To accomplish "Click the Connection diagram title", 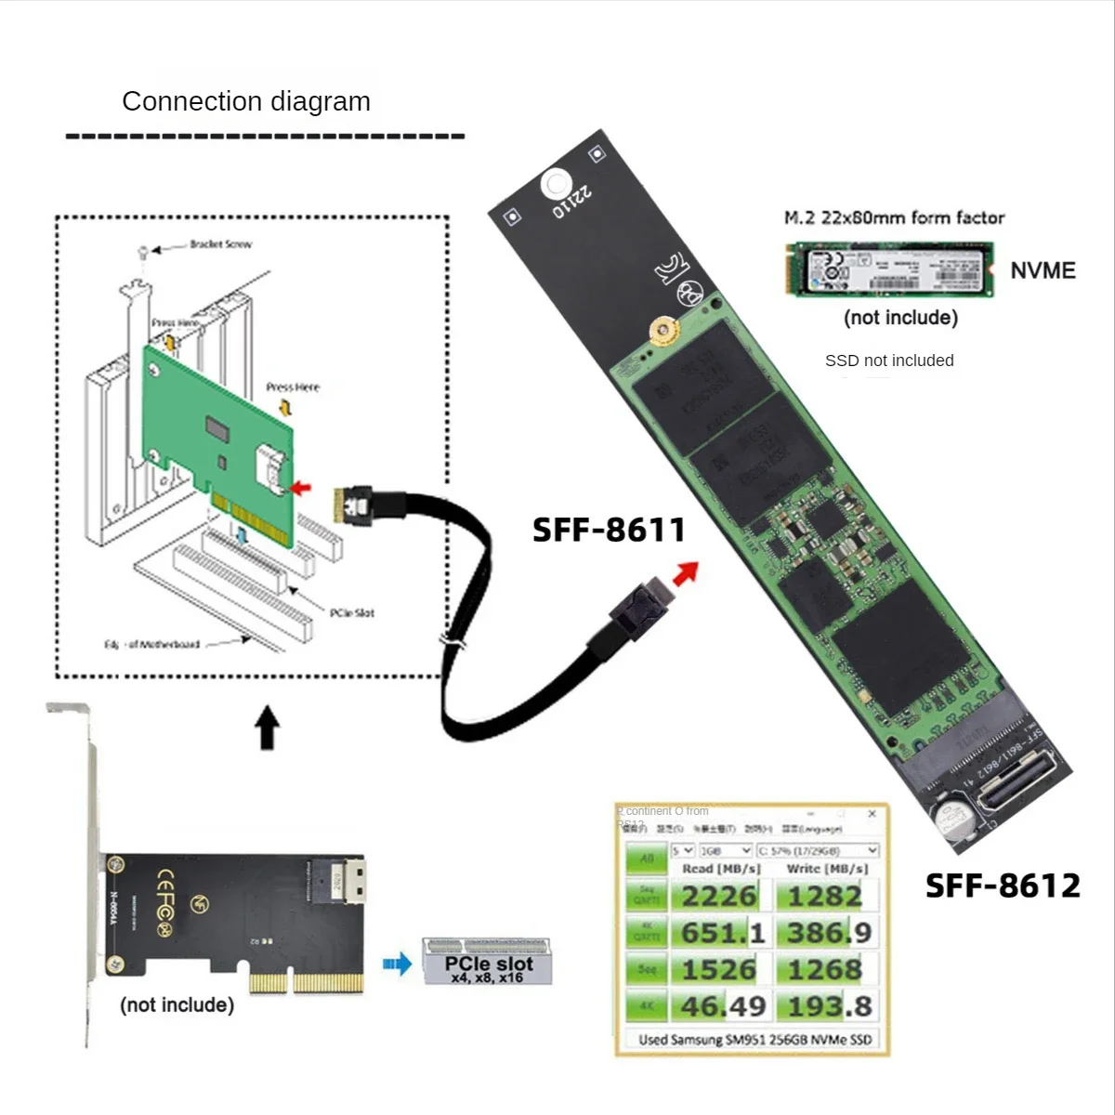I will pyautogui.click(x=246, y=101).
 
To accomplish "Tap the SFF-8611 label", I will pyautogui.click(x=609, y=531).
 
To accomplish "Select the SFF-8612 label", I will pyautogui.click(x=1003, y=885).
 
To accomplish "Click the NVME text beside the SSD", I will pyautogui.click(x=1043, y=270).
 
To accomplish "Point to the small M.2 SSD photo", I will pyautogui.click(x=889, y=269).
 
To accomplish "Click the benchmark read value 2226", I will pyautogui.click(x=719, y=897).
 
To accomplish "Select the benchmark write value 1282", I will pyautogui.click(x=825, y=897).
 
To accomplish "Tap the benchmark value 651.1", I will pyautogui.click(x=723, y=933).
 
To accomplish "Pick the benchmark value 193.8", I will pyautogui.click(x=829, y=1006).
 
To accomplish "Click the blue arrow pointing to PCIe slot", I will pyautogui.click(x=397, y=964).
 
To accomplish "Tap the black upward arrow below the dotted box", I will pyautogui.click(x=268, y=727).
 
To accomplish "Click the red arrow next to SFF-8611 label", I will pyautogui.click(x=686, y=573).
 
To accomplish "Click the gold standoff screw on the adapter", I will pyautogui.click(x=662, y=330).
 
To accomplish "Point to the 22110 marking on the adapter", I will pyautogui.click(x=571, y=203).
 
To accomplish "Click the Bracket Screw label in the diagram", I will pyautogui.click(x=220, y=244).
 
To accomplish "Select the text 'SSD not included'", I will pyautogui.click(x=889, y=361).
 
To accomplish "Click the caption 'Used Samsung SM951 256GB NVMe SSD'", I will pyautogui.click(x=754, y=1040).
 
